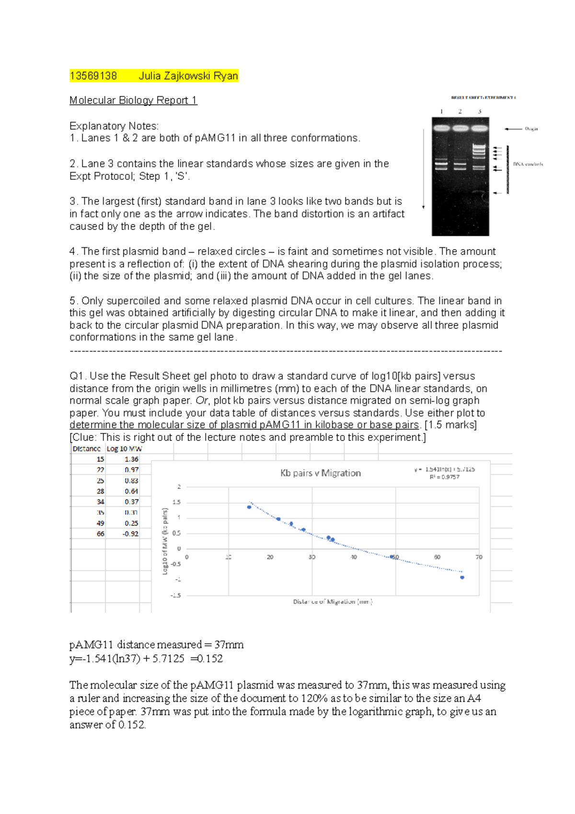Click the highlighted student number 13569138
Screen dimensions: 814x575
93,76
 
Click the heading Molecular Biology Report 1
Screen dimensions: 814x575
133,100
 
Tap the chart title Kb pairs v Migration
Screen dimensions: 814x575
321,473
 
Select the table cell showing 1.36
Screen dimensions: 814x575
131,459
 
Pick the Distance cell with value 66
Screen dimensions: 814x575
100,534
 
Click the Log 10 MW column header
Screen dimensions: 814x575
124,449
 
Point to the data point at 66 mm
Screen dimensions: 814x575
462,577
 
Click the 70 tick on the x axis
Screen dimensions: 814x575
479,557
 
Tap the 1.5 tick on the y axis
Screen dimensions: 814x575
176,502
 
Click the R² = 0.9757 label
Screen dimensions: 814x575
444,477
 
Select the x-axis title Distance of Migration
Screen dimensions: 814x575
333,602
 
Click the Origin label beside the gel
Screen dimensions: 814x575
531,129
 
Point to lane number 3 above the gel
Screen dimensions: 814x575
479,112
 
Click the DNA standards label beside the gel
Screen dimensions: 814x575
528,164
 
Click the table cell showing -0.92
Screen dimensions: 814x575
130,534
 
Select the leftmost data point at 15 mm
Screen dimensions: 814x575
249,507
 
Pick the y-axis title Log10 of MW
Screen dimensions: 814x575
165,542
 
